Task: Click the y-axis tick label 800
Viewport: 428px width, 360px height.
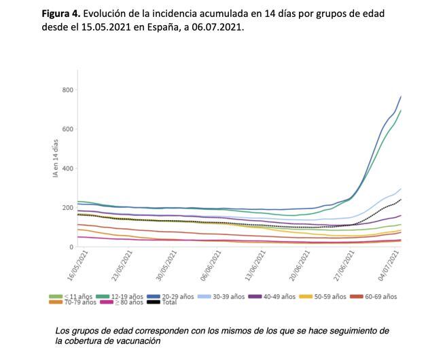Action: (67, 90)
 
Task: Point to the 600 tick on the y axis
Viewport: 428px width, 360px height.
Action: (67, 129)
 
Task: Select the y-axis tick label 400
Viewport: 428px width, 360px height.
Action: (67, 168)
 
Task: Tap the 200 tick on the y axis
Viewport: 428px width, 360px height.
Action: (67, 208)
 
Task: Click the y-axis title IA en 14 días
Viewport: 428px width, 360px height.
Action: (56, 158)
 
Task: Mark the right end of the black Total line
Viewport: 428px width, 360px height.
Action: (401, 199)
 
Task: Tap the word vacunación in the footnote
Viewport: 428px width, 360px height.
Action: (139, 341)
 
